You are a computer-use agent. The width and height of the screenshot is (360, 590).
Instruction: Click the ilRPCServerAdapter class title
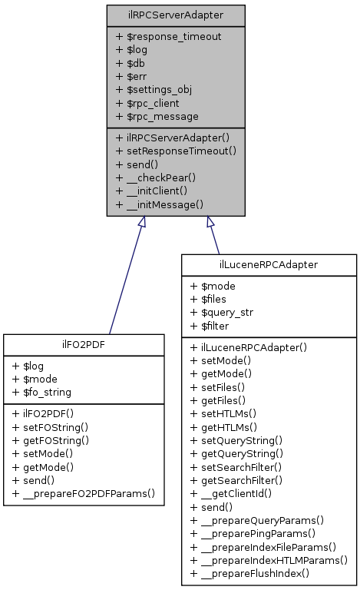(x=176, y=15)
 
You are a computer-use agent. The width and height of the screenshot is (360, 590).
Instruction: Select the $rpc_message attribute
(x=157, y=116)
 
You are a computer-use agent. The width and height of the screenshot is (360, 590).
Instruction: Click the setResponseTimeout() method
(x=175, y=151)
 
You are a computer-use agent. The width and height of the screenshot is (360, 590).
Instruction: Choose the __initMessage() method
(x=159, y=204)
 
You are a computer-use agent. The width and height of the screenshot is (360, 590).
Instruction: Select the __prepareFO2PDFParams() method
(x=84, y=492)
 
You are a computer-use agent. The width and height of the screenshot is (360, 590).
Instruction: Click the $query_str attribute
(x=221, y=313)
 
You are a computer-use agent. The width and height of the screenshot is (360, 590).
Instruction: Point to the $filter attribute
(x=210, y=326)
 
